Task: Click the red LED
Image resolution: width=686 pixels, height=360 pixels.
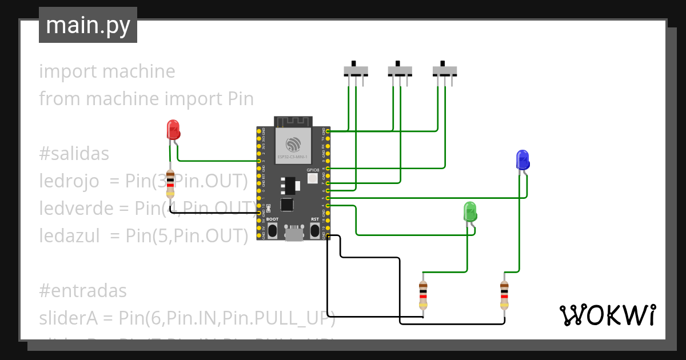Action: pyautogui.click(x=173, y=130)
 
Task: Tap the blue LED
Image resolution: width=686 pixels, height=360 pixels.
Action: pyautogui.click(x=522, y=159)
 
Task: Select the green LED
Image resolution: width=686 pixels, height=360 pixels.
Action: pyautogui.click(x=469, y=211)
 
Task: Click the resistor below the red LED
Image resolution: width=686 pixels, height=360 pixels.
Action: pyautogui.click(x=170, y=184)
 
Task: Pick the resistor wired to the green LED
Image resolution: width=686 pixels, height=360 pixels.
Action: pyautogui.click(x=423, y=294)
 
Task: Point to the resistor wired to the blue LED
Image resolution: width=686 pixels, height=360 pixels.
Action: pyautogui.click(x=504, y=294)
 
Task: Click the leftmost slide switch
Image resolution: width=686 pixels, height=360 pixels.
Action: pyautogui.click(x=356, y=71)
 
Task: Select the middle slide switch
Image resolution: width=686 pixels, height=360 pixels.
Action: pyautogui.click(x=400, y=71)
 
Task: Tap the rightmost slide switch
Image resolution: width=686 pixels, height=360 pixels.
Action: pyautogui.click(x=444, y=71)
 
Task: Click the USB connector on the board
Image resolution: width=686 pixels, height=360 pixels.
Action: pyautogui.click(x=294, y=233)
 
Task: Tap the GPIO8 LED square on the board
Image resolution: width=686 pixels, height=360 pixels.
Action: pyautogui.click(x=313, y=178)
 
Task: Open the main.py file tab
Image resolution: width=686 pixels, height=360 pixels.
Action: pyautogui.click(x=88, y=26)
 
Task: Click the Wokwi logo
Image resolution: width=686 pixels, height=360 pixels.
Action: pyautogui.click(x=607, y=315)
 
